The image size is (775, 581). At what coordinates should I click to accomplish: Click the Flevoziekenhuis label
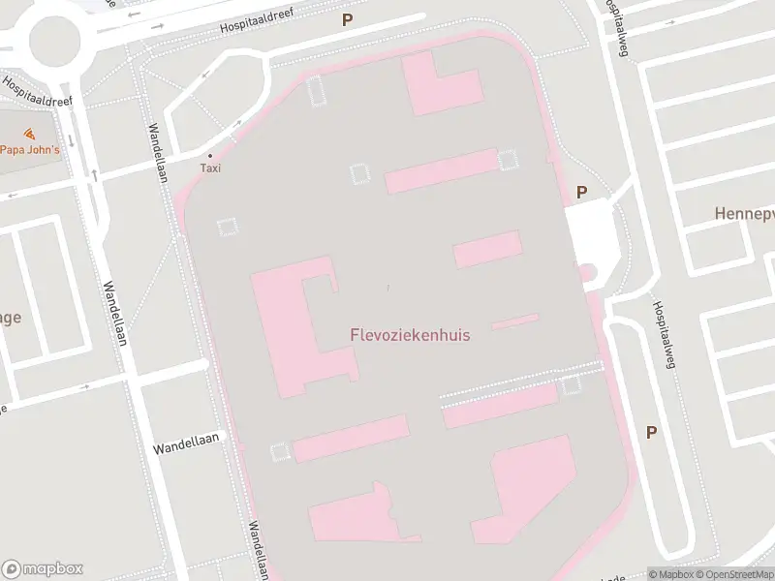410,335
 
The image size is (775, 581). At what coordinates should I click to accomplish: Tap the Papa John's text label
29,149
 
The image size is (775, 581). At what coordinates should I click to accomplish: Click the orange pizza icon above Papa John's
29,134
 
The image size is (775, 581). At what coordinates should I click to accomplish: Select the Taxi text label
210,168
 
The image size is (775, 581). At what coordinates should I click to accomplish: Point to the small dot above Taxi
210,155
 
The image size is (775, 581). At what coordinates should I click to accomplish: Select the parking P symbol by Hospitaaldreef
346,18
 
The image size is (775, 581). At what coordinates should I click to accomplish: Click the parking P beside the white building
581,192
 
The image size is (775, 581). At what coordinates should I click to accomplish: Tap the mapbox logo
43,568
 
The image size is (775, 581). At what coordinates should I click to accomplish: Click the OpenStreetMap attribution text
734,573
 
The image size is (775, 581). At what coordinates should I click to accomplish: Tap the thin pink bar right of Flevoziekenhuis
515,321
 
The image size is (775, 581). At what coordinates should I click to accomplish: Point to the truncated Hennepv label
744,212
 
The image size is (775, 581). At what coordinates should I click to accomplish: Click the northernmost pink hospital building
441,85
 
